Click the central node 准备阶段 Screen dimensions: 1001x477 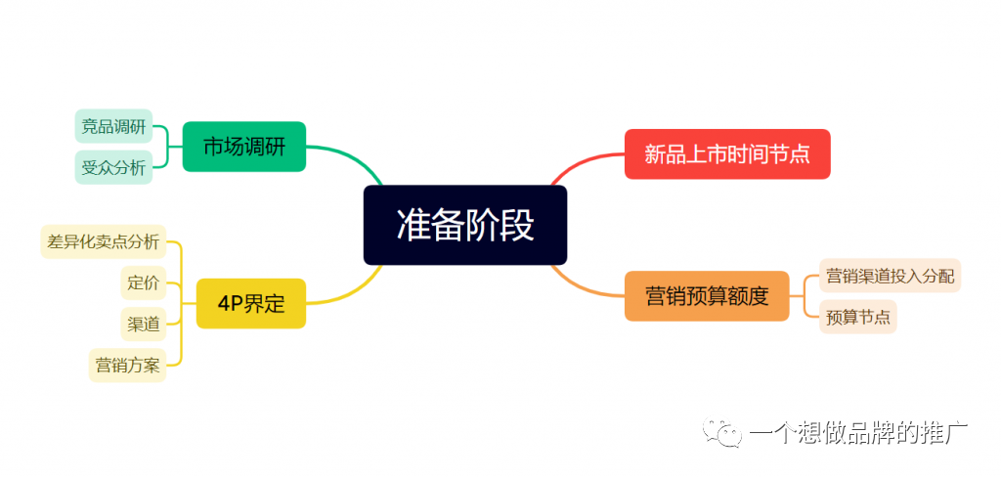point(464,225)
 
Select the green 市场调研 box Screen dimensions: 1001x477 point(243,147)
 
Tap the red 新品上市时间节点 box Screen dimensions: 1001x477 point(727,153)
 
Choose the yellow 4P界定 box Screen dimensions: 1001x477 point(251,304)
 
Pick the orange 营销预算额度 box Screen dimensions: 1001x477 point(707,296)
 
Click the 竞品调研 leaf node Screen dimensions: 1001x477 point(113,126)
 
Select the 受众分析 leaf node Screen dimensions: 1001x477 point(113,167)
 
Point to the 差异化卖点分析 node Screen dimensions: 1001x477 point(104,241)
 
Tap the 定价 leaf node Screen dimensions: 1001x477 point(143,282)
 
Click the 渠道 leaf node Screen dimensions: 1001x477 point(143,325)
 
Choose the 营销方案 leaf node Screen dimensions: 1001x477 point(127,366)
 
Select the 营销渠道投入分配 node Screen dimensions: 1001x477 point(890,276)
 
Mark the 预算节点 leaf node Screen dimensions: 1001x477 point(858,317)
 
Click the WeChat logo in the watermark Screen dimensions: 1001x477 point(722,432)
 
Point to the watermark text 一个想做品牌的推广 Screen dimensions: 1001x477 point(858,434)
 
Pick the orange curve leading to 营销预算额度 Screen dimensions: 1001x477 point(583,287)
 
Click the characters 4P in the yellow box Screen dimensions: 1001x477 point(228,304)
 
